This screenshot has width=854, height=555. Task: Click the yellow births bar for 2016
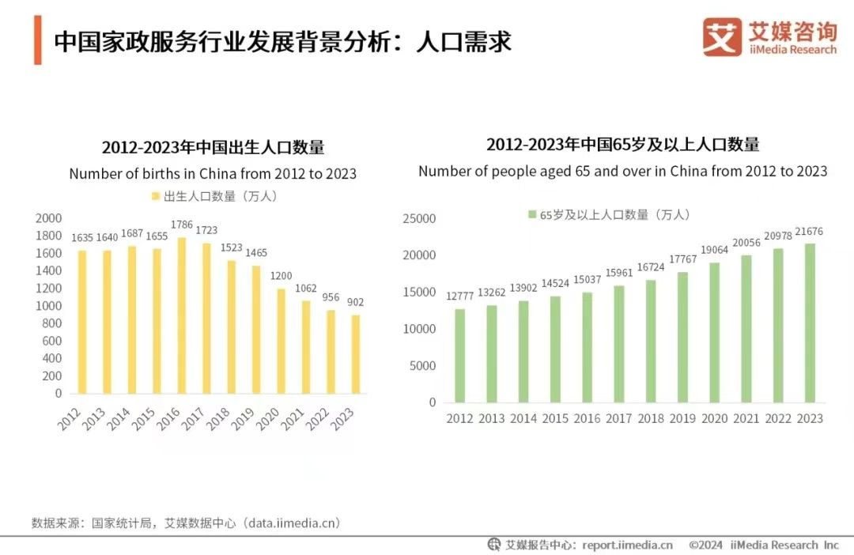pyautogui.click(x=183, y=316)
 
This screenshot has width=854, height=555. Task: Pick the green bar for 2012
pyautogui.click(x=459, y=356)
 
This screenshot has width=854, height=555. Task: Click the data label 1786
pyautogui.click(x=182, y=225)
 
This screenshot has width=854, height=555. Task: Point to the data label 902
pyautogui.click(x=356, y=302)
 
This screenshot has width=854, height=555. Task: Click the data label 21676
pyautogui.click(x=809, y=230)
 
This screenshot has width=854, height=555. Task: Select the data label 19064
pyautogui.click(x=714, y=250)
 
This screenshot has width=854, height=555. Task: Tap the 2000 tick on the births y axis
pyautogui.click(x=49, y=218)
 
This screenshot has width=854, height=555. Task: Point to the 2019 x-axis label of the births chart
pyautogui.click(x=243, y=418)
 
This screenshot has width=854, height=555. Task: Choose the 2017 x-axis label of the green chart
pyautogui.click(x=619, y=418)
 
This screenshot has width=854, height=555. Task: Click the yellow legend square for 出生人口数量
pyautogui.click(x=155, y=195)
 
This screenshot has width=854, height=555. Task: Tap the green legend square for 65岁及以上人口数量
pyautogui.click(x=532, y=214)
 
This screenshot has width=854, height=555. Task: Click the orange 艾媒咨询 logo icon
pyautogui.click(x=722, y=37)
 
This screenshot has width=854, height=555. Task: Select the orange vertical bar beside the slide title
pyautogui.click(x=37, y=40)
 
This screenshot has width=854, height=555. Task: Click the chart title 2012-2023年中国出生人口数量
pyautogui.click(x=213, y=148)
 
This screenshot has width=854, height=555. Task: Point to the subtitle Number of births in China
pyautogui.click(x=213, y=173)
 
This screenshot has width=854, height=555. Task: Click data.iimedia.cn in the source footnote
pyautogui.click(x=293, y=523)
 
